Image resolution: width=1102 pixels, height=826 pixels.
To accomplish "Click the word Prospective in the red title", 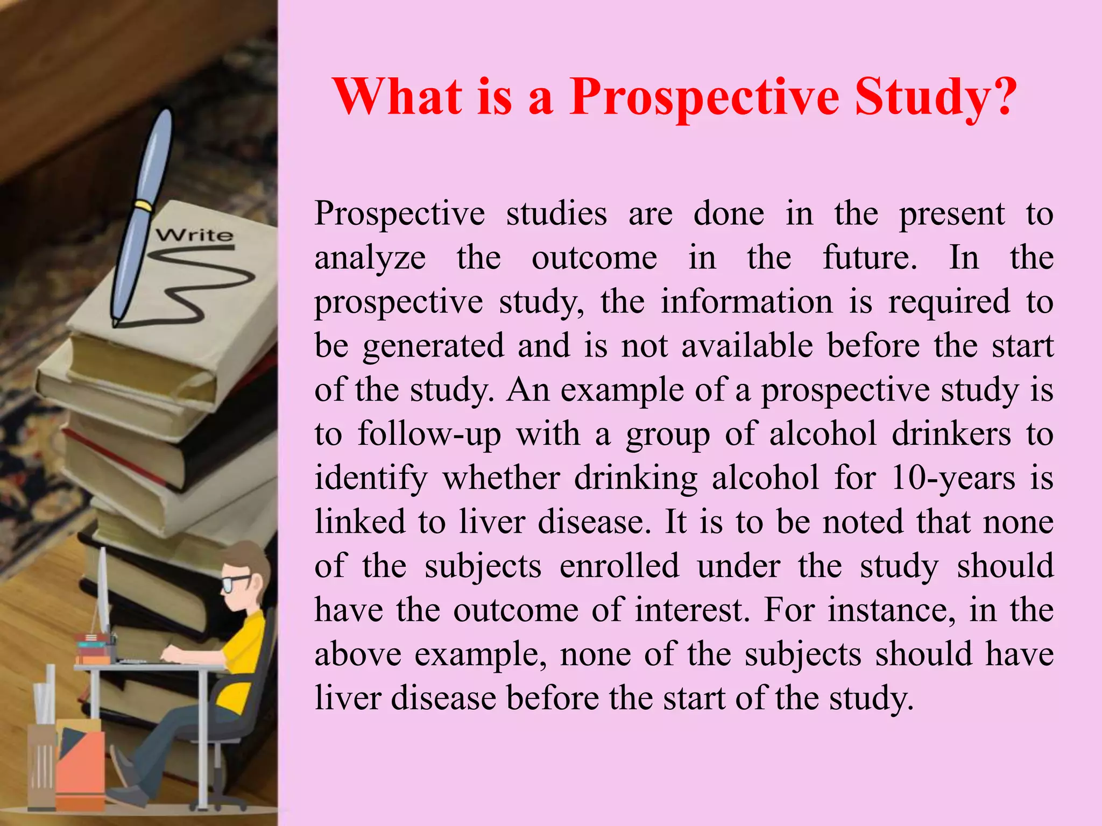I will click(704, 97).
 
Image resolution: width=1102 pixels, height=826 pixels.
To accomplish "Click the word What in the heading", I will click(398, 97).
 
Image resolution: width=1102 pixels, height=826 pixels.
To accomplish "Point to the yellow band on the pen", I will click(143, 206).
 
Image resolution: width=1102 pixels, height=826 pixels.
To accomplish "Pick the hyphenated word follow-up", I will click(429, 433).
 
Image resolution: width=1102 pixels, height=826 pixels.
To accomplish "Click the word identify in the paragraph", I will click(371, 478).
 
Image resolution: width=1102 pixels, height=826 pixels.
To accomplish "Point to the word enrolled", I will click(619, 566).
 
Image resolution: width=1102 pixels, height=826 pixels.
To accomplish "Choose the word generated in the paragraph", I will click(433, 346).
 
